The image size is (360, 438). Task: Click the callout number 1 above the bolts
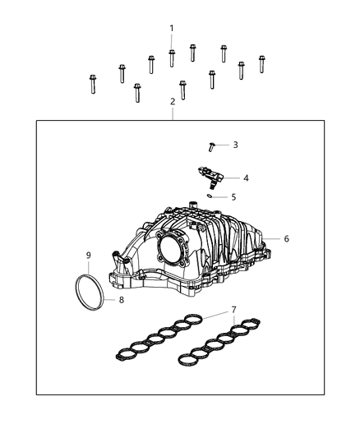pyautogui.click(x=172, y=29)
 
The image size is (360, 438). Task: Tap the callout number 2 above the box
pyautogui.click(x=172, y=102)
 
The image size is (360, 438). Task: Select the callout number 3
pyautogui.click(x=235, y=145)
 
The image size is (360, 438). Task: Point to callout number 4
pyautogui.click(x=246, y=178)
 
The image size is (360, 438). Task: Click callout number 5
pyautogui.click(x=233, y=197)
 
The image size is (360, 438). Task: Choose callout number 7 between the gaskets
pyautogui.click(x=234, y=309)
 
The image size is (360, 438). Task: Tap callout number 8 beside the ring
pyautogui.click(x=120, y=301)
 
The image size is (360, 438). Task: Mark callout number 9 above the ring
pyautogui.click(x=88, y=256)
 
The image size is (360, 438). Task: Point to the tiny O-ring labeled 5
pyautogui.click(x=211, y=196)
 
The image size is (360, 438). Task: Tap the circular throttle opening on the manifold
pyautogui.click(x=175, y=247)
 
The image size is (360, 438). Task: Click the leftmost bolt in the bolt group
pyautogui.click(x=92, y=84)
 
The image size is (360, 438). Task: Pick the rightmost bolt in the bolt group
pyautogui.click(x=261, y=64)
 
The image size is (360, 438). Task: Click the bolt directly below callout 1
pyautogui.click(x=172, y=58)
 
